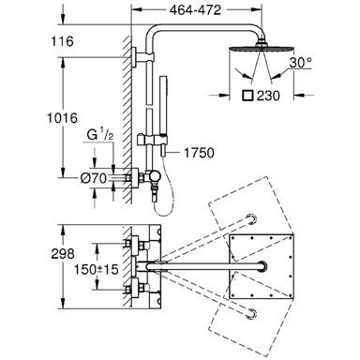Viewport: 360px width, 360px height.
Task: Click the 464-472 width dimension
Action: tap(195, 10)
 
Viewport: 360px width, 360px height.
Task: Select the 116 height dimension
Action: tap(63, 41)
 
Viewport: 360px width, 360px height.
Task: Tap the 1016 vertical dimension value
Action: tap(62, 118)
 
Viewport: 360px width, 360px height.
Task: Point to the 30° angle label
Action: tap(300, 63)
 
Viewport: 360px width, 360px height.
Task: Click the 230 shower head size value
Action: tap(268, 96)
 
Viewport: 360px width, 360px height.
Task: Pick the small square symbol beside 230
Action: tap(248, 96)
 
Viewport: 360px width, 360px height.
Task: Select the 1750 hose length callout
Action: tap(199, 153)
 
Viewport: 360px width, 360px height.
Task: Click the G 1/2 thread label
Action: tap(99, 135)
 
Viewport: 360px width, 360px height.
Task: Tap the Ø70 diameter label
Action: tap(94, 178)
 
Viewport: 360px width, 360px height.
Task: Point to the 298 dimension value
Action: tap(63, 254)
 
